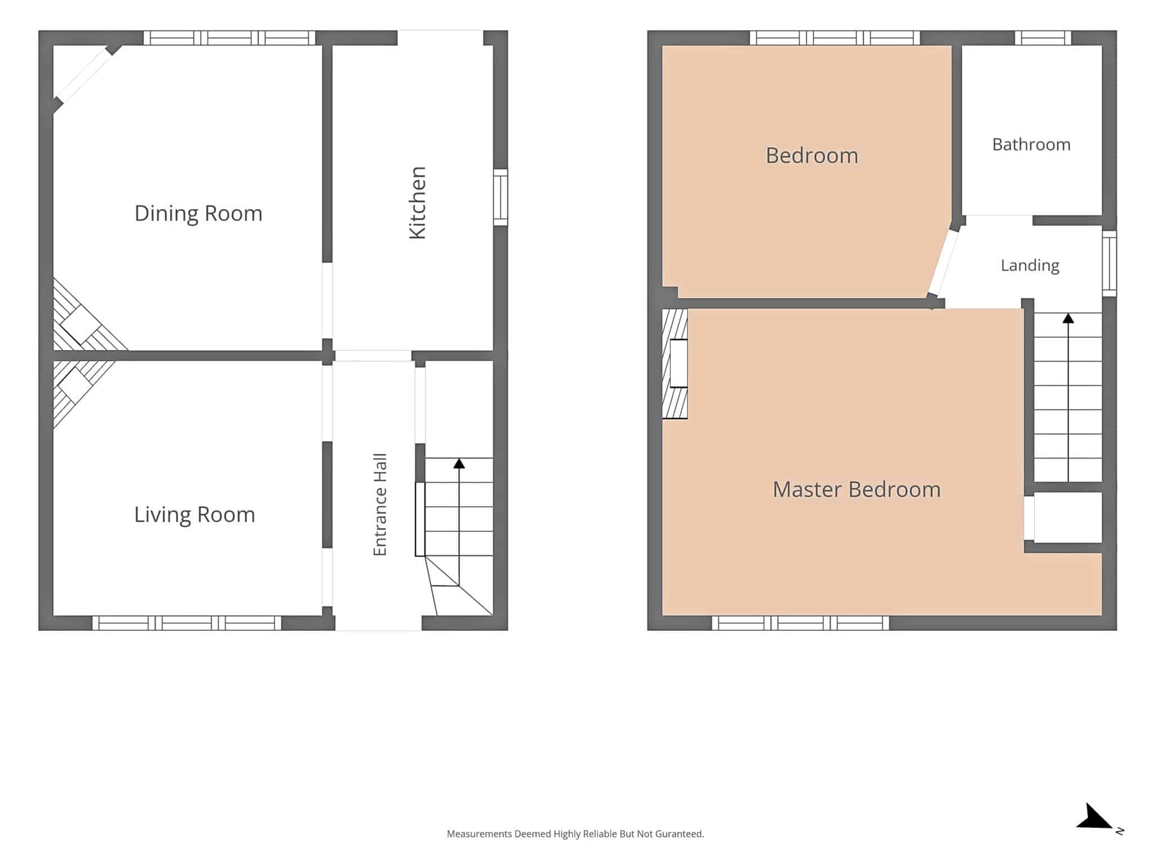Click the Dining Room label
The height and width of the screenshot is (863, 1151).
198,214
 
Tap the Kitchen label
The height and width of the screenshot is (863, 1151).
418,203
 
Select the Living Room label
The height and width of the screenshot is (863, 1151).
194,515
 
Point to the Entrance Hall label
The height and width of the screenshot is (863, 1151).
380,505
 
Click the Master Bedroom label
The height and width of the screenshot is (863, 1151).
857,489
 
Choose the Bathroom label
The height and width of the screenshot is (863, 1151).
1031,144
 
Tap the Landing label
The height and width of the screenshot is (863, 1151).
1030,265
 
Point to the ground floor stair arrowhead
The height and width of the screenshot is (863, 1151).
459,464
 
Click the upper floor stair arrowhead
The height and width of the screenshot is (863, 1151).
1068,318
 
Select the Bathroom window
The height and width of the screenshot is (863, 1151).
1043,38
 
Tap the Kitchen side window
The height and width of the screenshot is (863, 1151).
500,197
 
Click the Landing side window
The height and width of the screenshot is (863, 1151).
1109,264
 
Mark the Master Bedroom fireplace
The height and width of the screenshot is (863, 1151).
675,364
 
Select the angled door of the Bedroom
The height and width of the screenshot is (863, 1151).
944,262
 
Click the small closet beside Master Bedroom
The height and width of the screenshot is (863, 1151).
1067,517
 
